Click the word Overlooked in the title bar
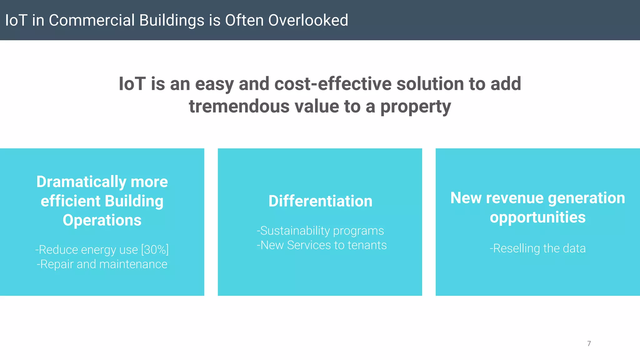(308, 20)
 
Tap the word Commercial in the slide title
(92, 20)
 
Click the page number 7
(589, 343)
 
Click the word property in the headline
(415, 107)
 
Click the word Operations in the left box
(102, 220)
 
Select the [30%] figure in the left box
(155, 250)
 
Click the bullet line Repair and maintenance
(102, 264)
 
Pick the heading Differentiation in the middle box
(320, 201)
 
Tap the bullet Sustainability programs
(320, 231)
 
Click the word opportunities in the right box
(537, 217)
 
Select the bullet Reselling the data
(537, 248)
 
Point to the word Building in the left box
(134, 201)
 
